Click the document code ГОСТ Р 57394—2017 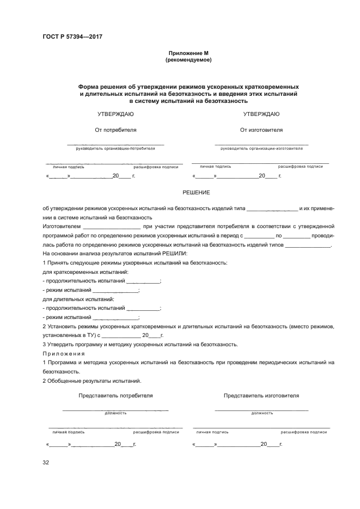click(x=72, y=36)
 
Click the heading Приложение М click(x=188, y=53)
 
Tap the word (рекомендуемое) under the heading click(x=188, y=60)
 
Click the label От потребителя click(x=115, y=130)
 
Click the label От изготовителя click(x=261, y=130)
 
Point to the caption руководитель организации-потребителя click(x=115, y=148)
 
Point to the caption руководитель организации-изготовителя click(x=262, y=148)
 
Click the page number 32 click(x=46, y=463)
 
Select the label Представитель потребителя click(x=115, y=396)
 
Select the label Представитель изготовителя click(x=261, y=396)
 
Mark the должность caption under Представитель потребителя click(x=115, y=413)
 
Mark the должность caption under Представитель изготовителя click(x=262, y=413)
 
